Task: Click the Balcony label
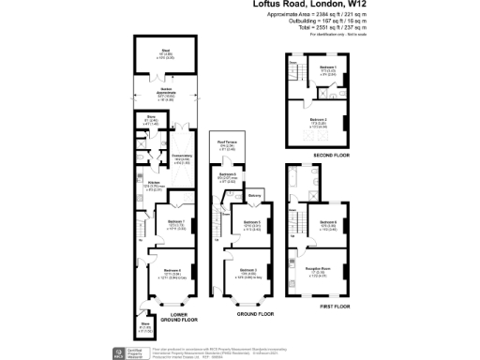[255, 196]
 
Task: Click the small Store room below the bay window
[145, 327]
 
